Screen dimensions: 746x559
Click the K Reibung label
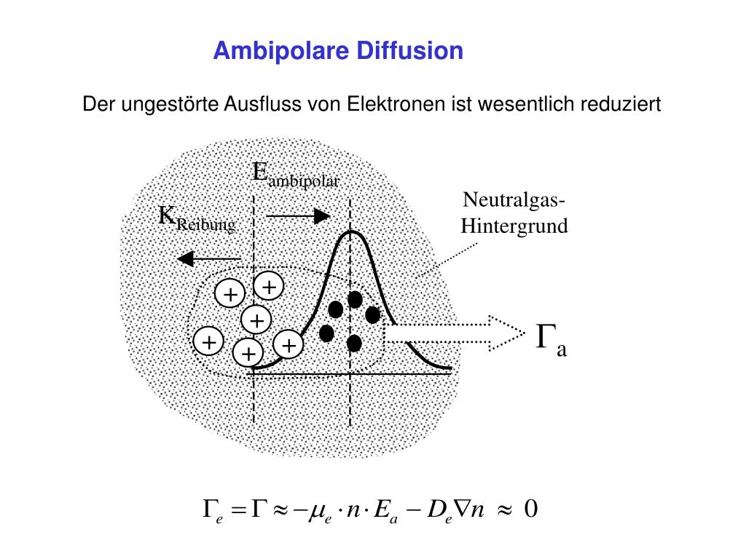(x=197, y=219)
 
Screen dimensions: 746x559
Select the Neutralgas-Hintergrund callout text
(x=514, y=213)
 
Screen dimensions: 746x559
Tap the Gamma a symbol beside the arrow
(x=551, y=340)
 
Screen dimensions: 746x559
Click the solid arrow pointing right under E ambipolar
(x=299, y=215)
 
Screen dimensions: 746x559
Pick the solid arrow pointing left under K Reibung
(x=208, y=258)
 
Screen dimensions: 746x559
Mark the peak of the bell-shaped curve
(x=351, y=231)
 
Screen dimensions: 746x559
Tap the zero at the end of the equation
(x=530, y=509)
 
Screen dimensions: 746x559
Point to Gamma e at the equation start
(x=211, y=510)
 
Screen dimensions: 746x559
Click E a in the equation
(x=383, y=510)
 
